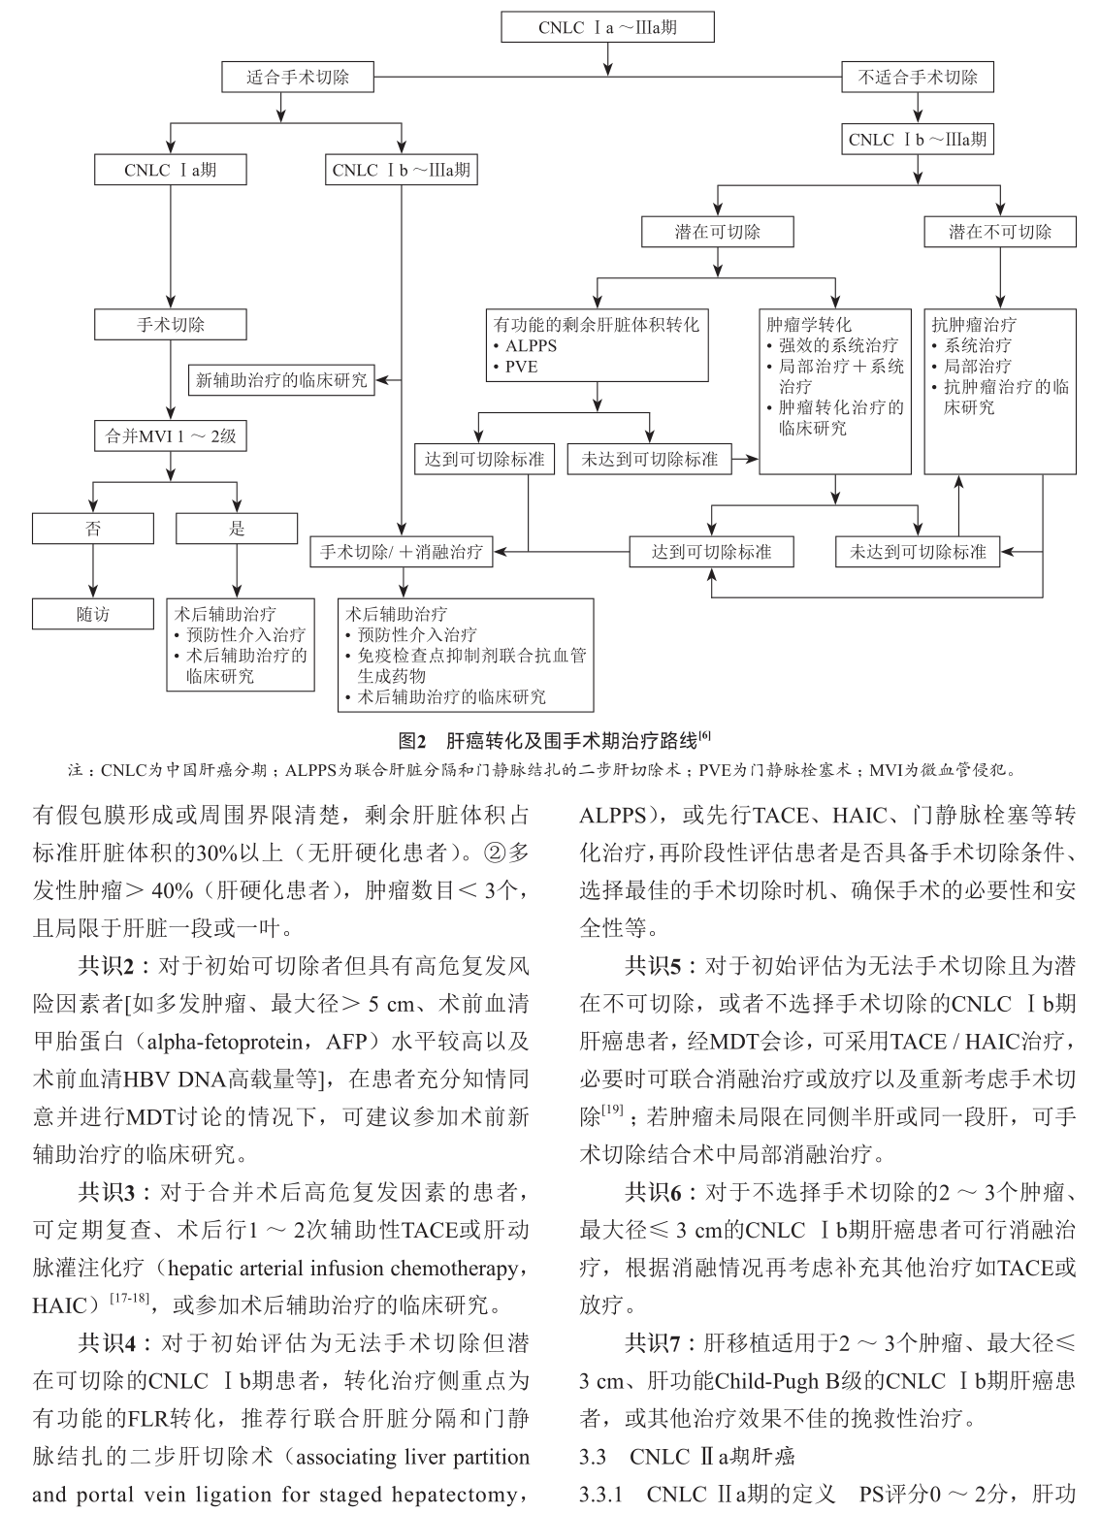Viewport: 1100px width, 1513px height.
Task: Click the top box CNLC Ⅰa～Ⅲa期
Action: (607, 27)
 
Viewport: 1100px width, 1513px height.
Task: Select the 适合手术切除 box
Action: (298, 78)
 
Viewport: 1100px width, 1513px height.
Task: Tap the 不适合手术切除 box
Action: (917, 78)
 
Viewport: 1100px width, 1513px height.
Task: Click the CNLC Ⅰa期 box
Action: (170, 170)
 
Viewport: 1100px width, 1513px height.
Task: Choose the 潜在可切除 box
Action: (718, 232)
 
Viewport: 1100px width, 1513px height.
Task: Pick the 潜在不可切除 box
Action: (999, 232)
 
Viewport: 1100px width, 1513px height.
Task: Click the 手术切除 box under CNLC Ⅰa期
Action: (170, 325)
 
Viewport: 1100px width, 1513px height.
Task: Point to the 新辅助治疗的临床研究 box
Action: (281, 380)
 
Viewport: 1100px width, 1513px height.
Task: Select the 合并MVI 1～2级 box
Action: (170, 435)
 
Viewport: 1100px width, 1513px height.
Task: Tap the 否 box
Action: (93, 529)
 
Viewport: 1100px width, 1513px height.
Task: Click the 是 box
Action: (237, 529)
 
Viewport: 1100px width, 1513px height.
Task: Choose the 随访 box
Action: (93, 614)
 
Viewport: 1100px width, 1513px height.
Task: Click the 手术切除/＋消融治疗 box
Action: (401, 552)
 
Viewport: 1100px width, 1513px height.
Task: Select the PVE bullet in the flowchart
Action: (520, 367)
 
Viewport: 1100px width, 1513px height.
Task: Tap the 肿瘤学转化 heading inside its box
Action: (809, 325)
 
